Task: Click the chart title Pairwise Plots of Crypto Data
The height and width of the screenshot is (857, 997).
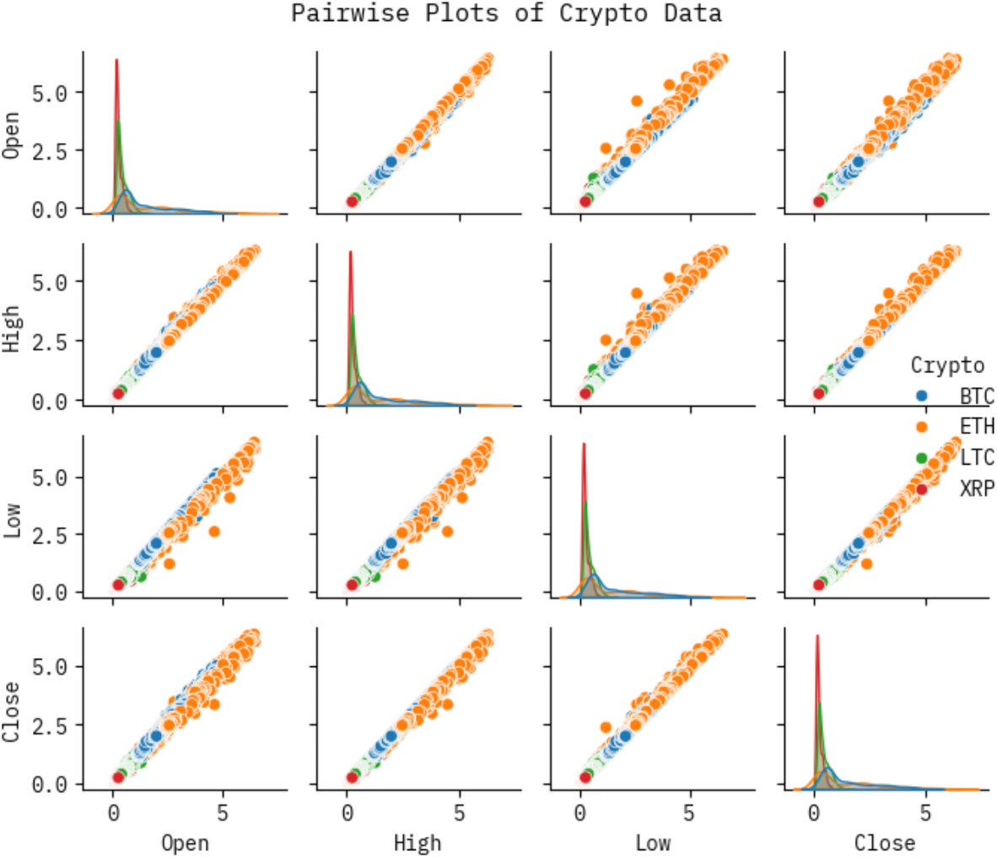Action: (506, 13)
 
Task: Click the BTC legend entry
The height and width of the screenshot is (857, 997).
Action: (977, 396)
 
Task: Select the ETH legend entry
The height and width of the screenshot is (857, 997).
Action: (977, 426)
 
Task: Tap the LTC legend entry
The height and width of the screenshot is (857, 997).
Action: (977, 457)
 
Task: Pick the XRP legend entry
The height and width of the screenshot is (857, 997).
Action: (977, 488)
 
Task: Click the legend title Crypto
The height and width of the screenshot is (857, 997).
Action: (947, 366)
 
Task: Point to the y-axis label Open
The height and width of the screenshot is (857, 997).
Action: (12, 136)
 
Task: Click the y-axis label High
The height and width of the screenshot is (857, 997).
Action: (12, 329)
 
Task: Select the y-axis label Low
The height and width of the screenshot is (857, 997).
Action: (12, 521)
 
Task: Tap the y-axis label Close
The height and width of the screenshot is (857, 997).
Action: (12, 713)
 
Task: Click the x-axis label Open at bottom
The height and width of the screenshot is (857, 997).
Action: (185, 843)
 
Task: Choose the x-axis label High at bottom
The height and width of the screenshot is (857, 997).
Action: (418, 843)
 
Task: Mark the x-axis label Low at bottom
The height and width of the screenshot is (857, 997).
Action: (653, 843)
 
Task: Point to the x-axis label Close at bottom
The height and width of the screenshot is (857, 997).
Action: (884, 843)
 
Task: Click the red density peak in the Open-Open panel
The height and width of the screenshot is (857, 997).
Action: (116, 61)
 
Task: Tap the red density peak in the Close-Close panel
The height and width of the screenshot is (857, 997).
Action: (816, 637)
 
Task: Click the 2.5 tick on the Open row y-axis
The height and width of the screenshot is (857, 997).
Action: (51, 150)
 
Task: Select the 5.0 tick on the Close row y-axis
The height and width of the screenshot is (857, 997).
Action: (51, 667)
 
